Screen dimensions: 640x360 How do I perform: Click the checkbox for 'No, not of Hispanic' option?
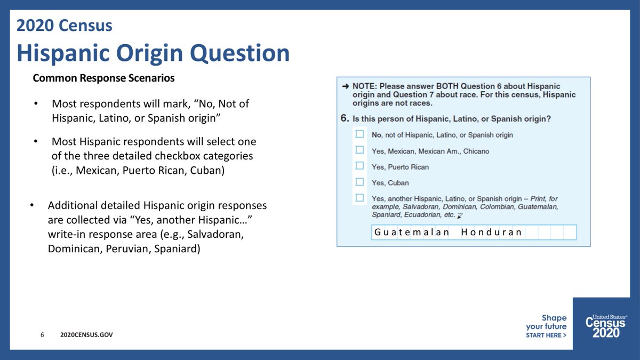point(359,134)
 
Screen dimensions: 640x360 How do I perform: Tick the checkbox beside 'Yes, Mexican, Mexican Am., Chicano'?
point(359,150)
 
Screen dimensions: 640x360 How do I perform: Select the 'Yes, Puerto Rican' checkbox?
point(359,166)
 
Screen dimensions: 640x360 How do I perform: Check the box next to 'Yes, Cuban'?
point(359,182)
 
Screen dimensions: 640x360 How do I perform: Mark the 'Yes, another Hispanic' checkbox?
point(359,198)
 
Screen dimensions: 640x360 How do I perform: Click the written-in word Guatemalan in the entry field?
point(411,232)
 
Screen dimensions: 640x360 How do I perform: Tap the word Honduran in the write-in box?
point(491,232)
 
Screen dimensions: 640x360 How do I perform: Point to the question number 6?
point(345,118)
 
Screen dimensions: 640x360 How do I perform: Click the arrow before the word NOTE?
point(346,86)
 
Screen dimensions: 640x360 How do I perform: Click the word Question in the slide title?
point(239,53)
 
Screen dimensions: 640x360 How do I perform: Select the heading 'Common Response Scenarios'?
point(103,78)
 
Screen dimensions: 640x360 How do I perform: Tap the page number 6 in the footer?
point(42,334)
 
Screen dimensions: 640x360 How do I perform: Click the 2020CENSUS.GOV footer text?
point(86,334)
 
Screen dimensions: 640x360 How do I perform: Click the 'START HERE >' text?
point(546,335)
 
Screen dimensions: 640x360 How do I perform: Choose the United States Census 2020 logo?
point(606,326)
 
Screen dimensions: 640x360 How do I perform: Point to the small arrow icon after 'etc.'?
point(460,216)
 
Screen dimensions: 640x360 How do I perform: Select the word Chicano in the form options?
point(476,151)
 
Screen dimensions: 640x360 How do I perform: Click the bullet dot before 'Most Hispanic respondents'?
point(36,141)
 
